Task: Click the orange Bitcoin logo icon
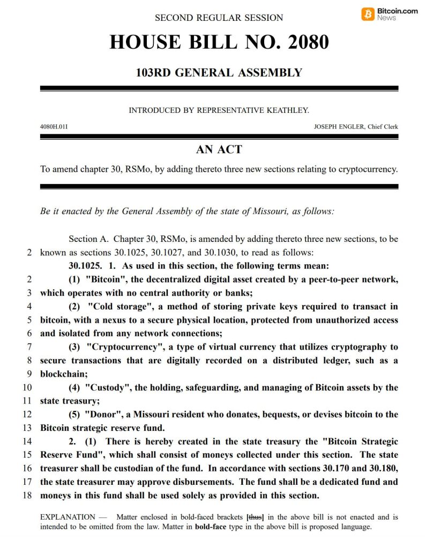coord(369,13)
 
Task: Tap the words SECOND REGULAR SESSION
coord(219,18)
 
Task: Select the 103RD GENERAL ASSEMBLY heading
coord(219,72)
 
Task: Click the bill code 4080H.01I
coord(54,127)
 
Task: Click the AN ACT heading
coord(219,149)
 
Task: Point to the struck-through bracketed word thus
coord(255,517)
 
